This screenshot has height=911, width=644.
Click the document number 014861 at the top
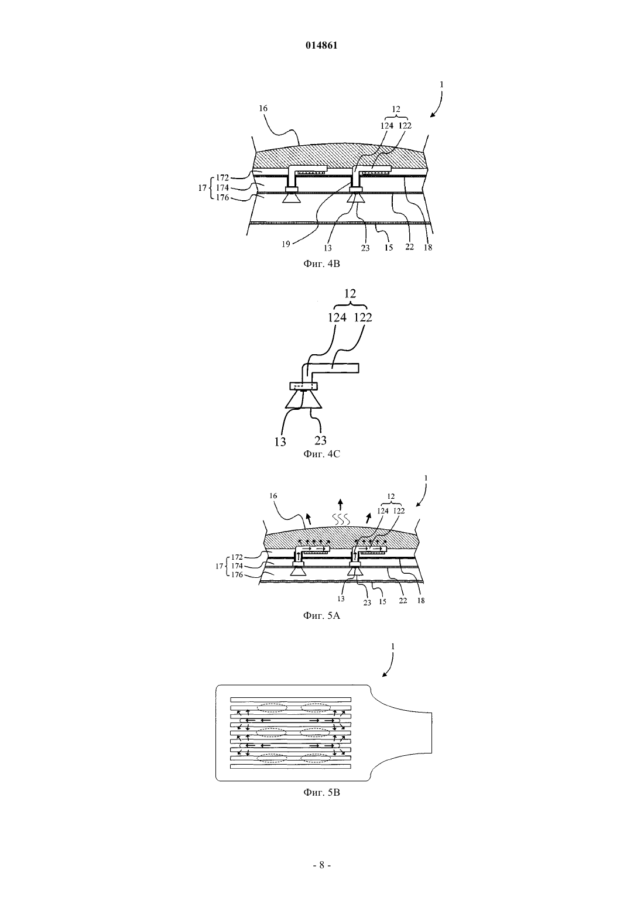[321, 46]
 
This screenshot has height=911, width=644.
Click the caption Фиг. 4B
[321, 263]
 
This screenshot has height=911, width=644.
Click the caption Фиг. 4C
[321, 454]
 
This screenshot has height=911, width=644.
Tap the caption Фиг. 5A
[321, 616]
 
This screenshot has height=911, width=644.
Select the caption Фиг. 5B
[321, 793]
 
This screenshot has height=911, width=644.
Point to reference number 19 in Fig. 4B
[286, 244]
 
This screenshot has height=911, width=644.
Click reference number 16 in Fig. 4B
[263, 108]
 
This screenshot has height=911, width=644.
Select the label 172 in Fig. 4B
[222, 178]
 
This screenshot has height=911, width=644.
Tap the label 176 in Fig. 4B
[222, 198]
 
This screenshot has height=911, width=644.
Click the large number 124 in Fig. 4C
[337, 318]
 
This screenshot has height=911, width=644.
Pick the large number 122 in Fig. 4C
[363, 318]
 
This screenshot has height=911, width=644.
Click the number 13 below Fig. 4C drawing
[280, 442]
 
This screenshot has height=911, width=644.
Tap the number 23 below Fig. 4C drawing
[320, 440]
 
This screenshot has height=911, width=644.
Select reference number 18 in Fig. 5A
[421, 600]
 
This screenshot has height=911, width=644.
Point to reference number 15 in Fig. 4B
[389, 247]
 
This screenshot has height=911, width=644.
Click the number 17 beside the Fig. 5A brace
[220, 566]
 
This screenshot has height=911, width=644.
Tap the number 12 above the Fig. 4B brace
[396, 109]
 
